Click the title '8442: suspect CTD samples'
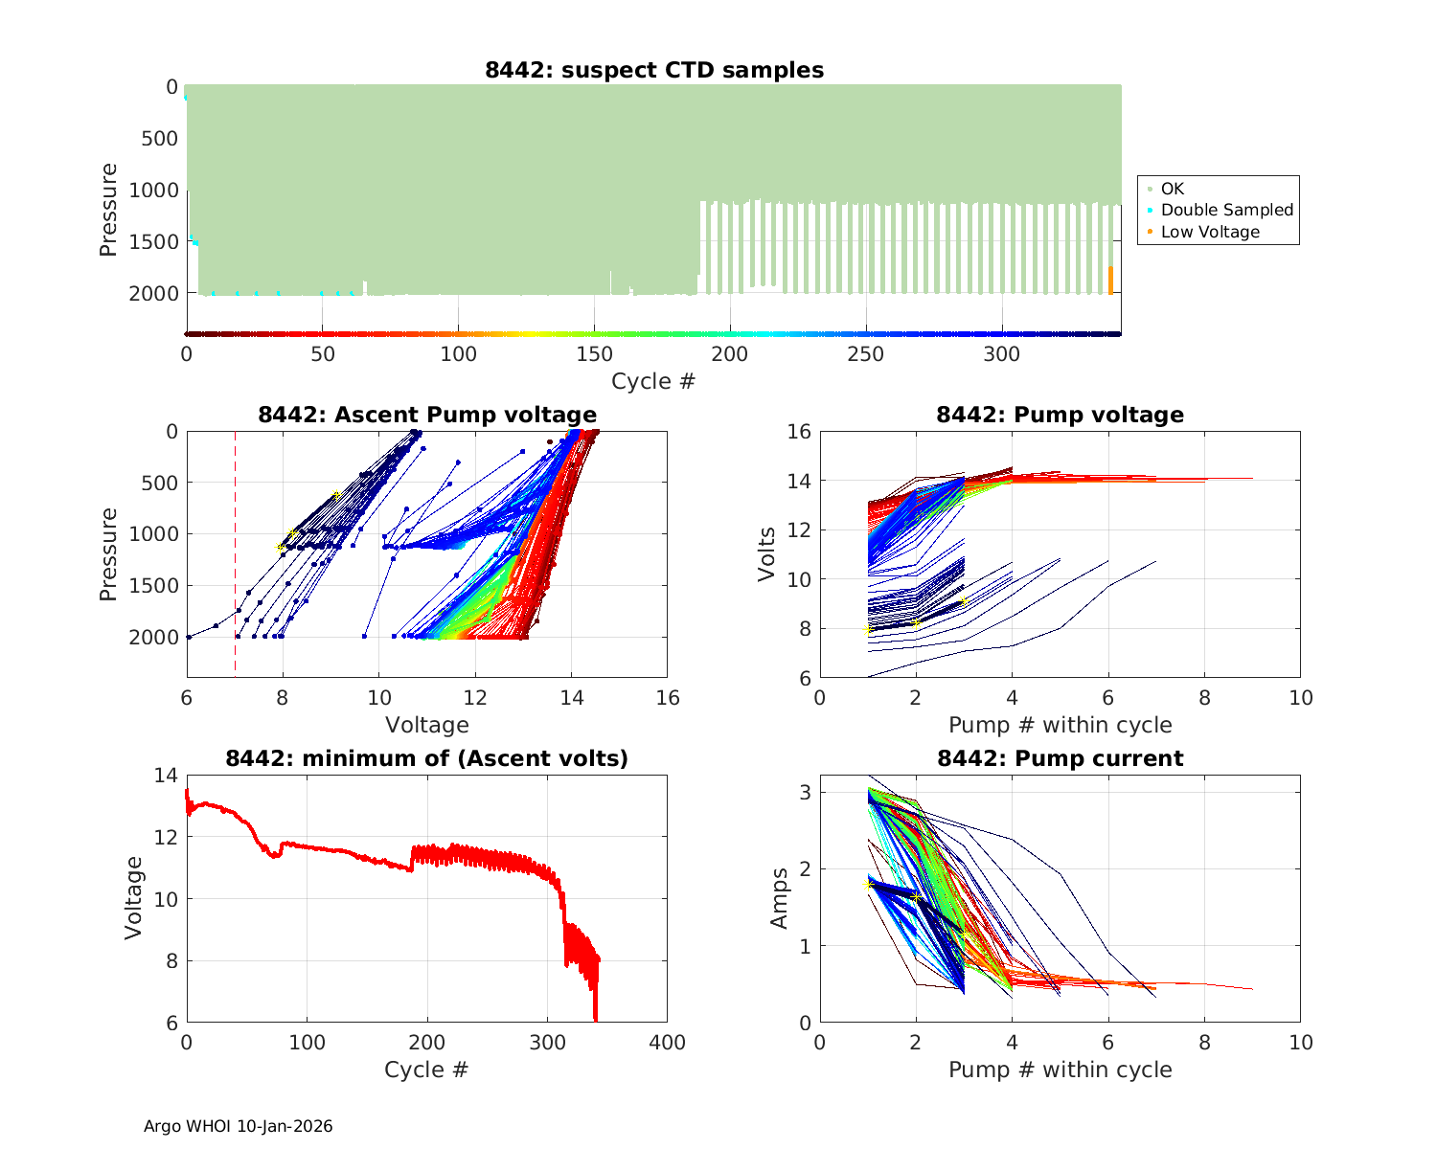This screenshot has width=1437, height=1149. coord(653,70)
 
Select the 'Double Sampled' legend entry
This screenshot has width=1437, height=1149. coord(1226,210)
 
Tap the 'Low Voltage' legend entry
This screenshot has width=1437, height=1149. coord(1210,232)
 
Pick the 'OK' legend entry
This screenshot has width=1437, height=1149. coord(1173,189)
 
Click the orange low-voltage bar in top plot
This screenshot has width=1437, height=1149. coord(1110,280)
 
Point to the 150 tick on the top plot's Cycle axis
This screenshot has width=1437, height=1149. coord(594,354)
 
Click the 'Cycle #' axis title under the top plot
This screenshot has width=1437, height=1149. coord(653,381)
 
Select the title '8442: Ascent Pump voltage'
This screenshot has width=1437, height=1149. coord(427,415)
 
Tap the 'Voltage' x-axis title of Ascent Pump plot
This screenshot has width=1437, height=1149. coord(427,725)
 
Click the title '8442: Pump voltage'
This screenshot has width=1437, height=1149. coord(1060,415)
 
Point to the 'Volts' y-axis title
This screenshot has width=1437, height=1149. coord(766,555)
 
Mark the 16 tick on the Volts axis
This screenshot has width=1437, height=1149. coord(800,432)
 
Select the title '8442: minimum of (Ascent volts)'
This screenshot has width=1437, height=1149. coord(427,758)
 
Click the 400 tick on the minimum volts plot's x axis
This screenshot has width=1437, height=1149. coord(667,1043)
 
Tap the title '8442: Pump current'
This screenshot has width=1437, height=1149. coord(1060,758)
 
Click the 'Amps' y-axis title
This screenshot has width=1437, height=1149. coord(780,898)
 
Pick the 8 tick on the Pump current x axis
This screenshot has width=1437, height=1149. coord(1204,1043)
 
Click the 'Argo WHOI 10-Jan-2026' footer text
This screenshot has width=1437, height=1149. coord(239,1126)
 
